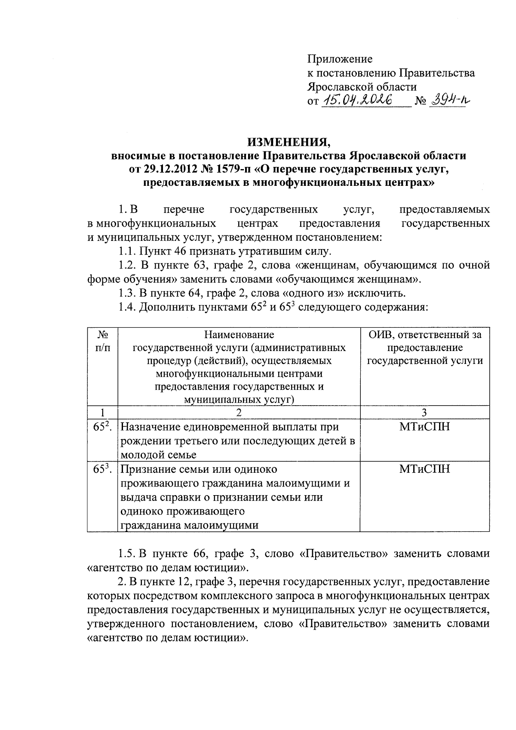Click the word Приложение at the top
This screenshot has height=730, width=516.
[340, 59]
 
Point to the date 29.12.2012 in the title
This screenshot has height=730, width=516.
[166, 169]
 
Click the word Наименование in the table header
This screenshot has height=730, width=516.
[239, 335]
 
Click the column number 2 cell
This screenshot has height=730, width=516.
[239, 413]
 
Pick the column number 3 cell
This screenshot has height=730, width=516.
[424, 413]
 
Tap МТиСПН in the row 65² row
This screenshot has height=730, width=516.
[424, 427]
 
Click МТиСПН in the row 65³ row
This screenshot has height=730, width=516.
[424, 469]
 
